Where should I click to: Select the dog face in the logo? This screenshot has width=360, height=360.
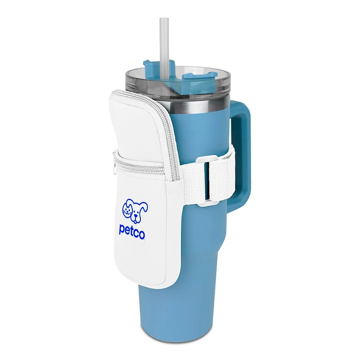pos(139,211)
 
